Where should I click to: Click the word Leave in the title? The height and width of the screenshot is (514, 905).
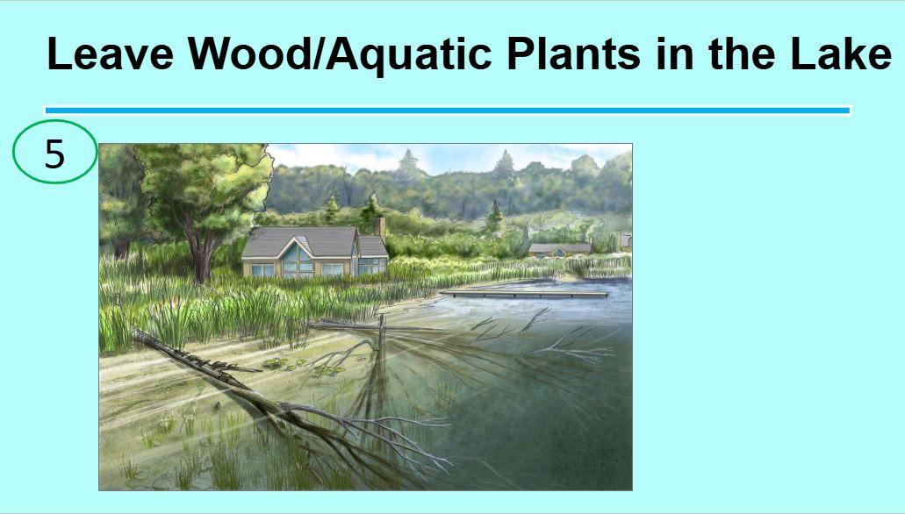click(110, 54)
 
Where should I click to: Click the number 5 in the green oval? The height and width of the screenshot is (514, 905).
click(54, 154)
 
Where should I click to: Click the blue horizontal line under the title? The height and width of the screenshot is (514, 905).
click(448, 110)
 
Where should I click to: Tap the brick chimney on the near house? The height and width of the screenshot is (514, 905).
click(380, 228)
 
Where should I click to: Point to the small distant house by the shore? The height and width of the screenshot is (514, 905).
click(559, 249)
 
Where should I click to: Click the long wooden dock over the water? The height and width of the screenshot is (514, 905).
click(524, 294)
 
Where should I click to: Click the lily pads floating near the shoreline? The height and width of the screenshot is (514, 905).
click(283, 363)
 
